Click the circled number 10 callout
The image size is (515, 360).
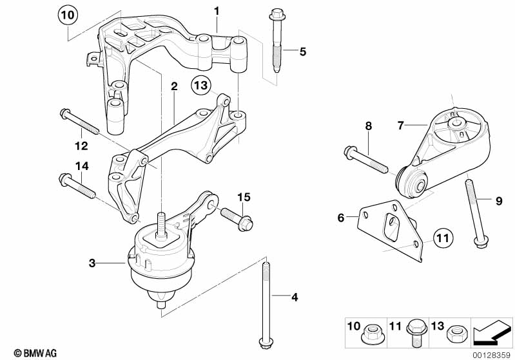pyautogui.click(x=68, y=15)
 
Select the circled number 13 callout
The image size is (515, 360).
pyautogui.click(x=200, y=85)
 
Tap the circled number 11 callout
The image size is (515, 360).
pyautogui.click(x=443, y=238)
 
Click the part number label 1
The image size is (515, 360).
pyautogui.click(x=217, y=12)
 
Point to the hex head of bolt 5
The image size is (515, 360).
pyautogui.click(x=277, y=15)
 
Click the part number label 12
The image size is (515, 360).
pyautogui.click(x=81, y=146)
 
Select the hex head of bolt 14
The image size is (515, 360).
pyautogui.click(x=64, y=180)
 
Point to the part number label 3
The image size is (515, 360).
pyautogui.click(x=92, y=263)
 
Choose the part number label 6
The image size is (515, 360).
pyautogui.click(x=340, y=217)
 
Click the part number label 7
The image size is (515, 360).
pyautogui.click(x=400, y=126)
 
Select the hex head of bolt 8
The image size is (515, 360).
pyautogui.click(x=350, y=153)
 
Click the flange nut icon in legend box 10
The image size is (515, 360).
pyautogui.click(x=372, y=333)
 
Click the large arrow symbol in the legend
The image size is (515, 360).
pyautogui.click(x=492, y=332)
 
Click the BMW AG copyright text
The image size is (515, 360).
pyautogui.click(x=35, y=353)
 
